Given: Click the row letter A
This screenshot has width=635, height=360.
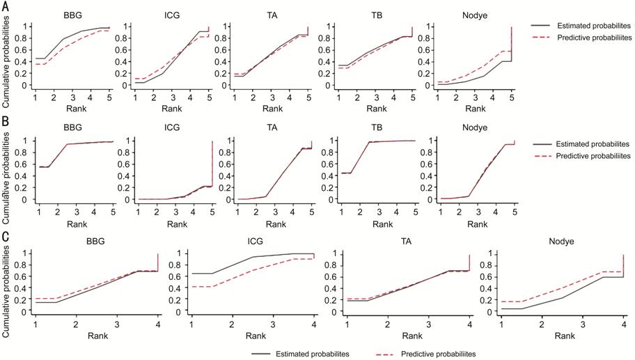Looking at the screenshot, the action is (x=6, y=7).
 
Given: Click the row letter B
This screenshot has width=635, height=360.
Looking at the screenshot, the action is (x=6, y=121).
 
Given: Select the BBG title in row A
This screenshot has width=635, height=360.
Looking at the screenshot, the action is (x=72, y=16).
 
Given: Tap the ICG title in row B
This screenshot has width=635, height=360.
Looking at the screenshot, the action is (x=172, y=127).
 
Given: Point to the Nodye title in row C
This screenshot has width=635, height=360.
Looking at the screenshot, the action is (x=561, y=242).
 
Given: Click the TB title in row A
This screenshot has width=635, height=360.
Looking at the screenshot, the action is (x=377, y=16).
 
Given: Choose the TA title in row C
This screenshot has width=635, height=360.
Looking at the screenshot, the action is (x=406, y=242).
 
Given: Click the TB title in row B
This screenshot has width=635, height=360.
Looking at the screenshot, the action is (x=377, y=127).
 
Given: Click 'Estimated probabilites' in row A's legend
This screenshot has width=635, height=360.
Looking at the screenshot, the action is (x=594, y=26).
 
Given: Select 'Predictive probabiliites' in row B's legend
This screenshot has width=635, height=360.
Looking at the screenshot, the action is (x=593, y=156).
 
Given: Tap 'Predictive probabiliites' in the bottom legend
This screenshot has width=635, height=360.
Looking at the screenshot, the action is (x=438, y=354).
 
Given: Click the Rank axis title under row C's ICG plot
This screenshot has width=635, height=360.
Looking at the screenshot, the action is (x=256, y=336).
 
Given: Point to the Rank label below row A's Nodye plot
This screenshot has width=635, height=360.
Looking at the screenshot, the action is (x=475, y=109).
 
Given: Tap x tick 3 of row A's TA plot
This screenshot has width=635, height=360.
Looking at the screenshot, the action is (x=272, y=98).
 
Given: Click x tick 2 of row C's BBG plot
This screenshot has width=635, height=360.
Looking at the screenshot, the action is (x=76, y=324).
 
